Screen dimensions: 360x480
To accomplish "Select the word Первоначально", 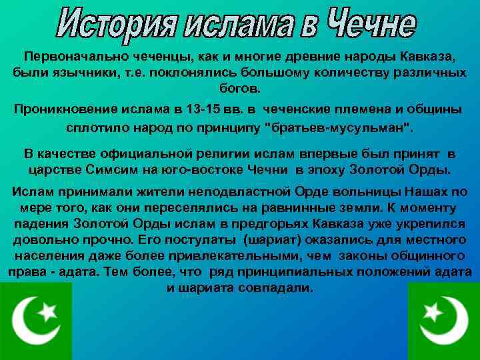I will click(x=73, y=57).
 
